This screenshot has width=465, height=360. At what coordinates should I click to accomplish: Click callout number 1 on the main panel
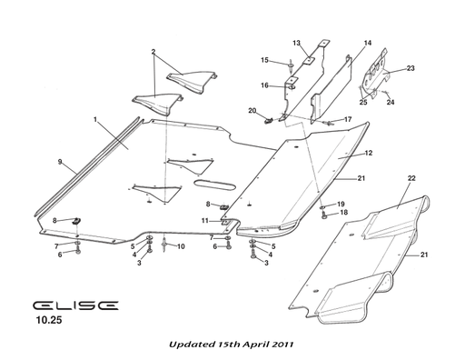[94, 120]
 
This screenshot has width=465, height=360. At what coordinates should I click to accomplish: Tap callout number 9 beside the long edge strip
[60, 163]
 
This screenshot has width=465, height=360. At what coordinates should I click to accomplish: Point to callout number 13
[297, 43]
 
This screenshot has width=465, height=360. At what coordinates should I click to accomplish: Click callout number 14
[368, 43]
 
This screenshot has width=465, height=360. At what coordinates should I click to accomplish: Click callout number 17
[347, 119]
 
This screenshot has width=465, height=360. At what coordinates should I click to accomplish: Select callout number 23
[410, 68]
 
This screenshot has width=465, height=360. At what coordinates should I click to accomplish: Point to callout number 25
[362, 103]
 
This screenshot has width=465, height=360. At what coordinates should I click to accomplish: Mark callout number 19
[341, 204]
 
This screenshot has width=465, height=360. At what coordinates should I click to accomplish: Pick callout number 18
[343, 213]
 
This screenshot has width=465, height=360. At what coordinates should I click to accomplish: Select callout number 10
[180, 246]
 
